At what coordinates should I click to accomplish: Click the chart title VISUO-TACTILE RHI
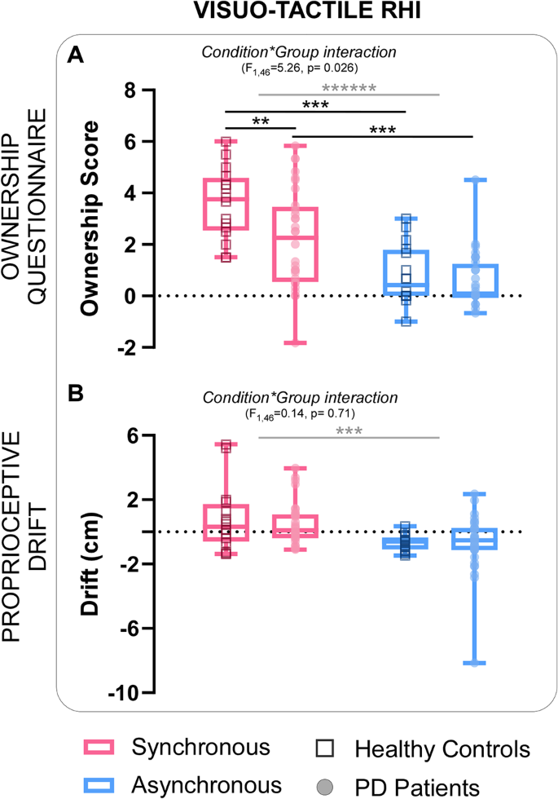tap(279, 14)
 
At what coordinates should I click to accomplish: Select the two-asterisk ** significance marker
tap(260, 121)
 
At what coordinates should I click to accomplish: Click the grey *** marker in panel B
tap(349, 432)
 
